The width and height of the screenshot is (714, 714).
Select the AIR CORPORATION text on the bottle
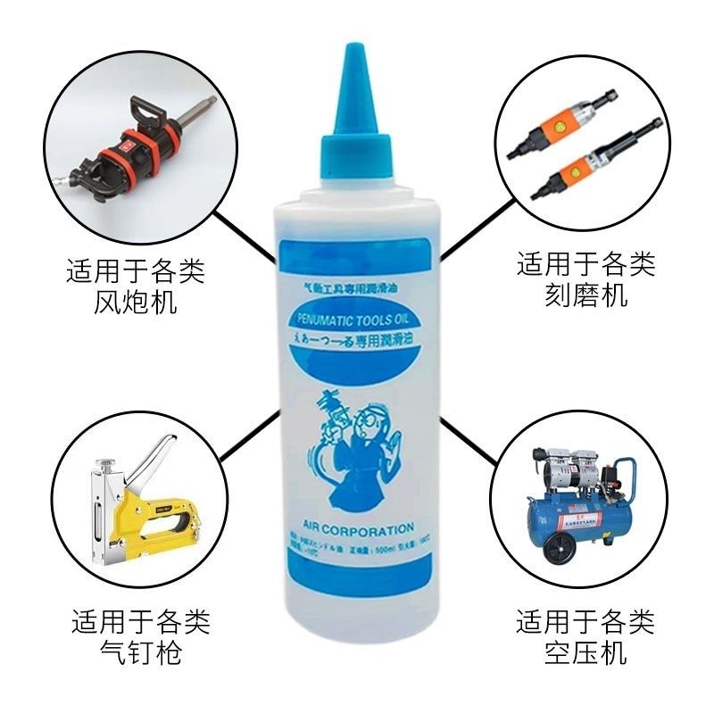tap(356, 527)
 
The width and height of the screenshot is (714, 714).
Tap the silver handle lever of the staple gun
tap(161, 455)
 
